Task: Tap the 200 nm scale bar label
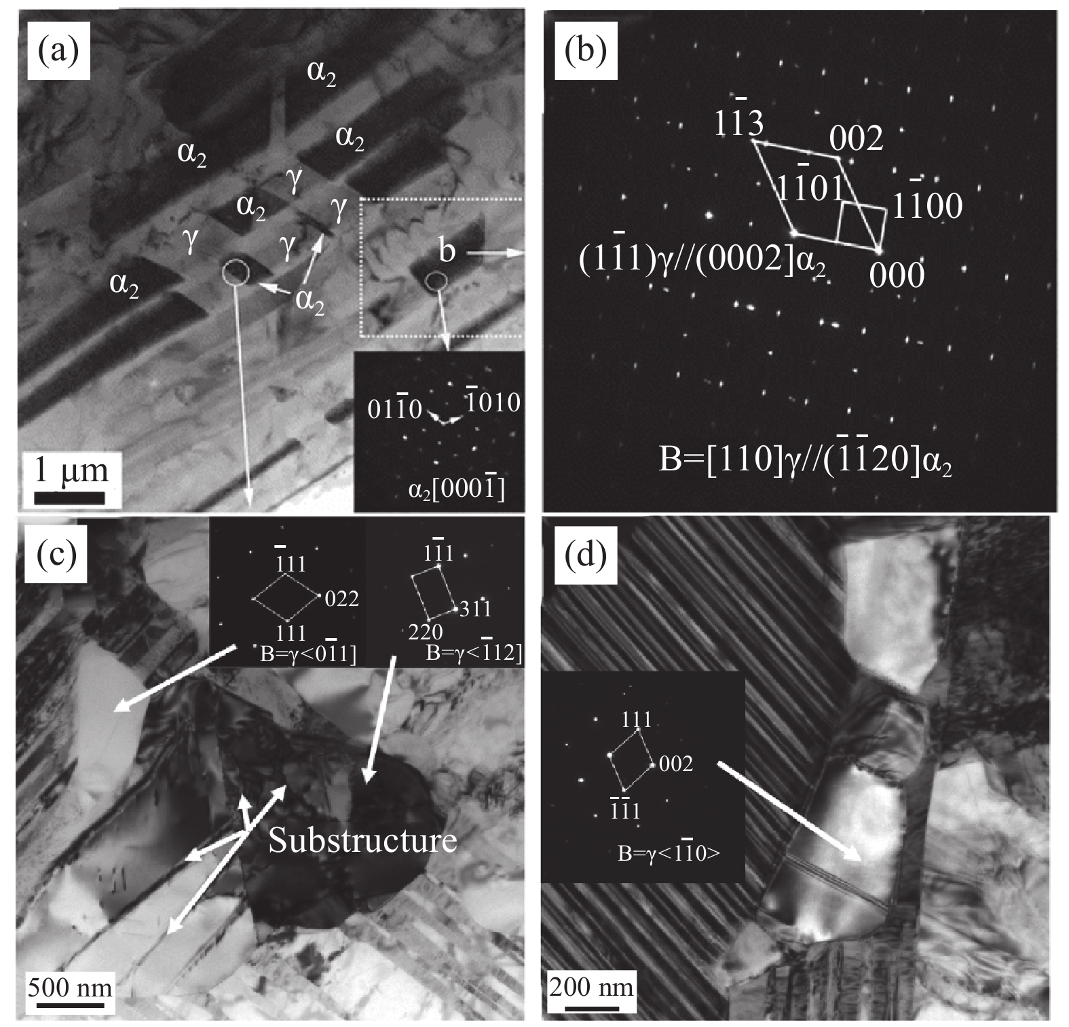pos(592,986)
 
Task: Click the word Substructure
pos(362,840)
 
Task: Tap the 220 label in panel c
pos(426,632)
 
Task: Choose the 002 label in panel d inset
pos(676,764)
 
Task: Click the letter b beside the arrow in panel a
pos(447,253)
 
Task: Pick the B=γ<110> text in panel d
pos(669,851)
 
